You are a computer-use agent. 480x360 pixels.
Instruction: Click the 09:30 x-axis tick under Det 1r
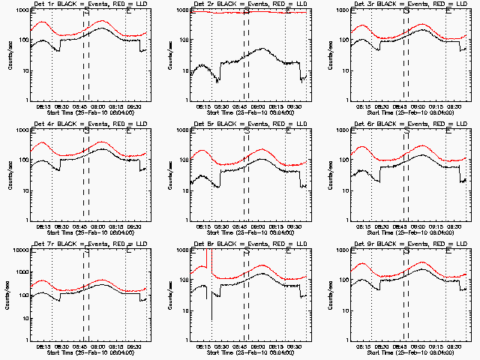(136, 107)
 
